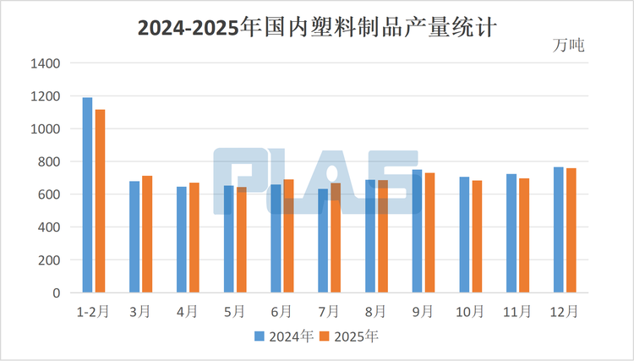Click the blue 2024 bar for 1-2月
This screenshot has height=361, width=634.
(x=87, y=195)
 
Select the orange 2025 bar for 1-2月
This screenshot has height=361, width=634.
(x=100, y=201)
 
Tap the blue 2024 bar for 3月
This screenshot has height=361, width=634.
(x=134, y=237)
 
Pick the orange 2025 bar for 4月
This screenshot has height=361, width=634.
(x=194, y=238)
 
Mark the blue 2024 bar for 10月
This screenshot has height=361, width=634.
(x=464, y=234)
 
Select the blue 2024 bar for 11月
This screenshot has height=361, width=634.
(x=511, y=233)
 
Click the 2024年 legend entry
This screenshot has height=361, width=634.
(x=284, y=336)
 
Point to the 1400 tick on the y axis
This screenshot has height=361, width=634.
(x=44, y=63)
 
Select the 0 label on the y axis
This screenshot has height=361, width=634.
(x=57, y=293)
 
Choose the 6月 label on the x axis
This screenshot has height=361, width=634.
(x=282, y=311)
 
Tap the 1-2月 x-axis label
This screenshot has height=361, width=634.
(x=93, y=311)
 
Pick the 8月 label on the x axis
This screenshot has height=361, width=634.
(x=376, y=311)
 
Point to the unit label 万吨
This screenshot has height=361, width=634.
(x=568, y=44)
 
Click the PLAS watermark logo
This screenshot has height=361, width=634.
(x=316, y=182)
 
